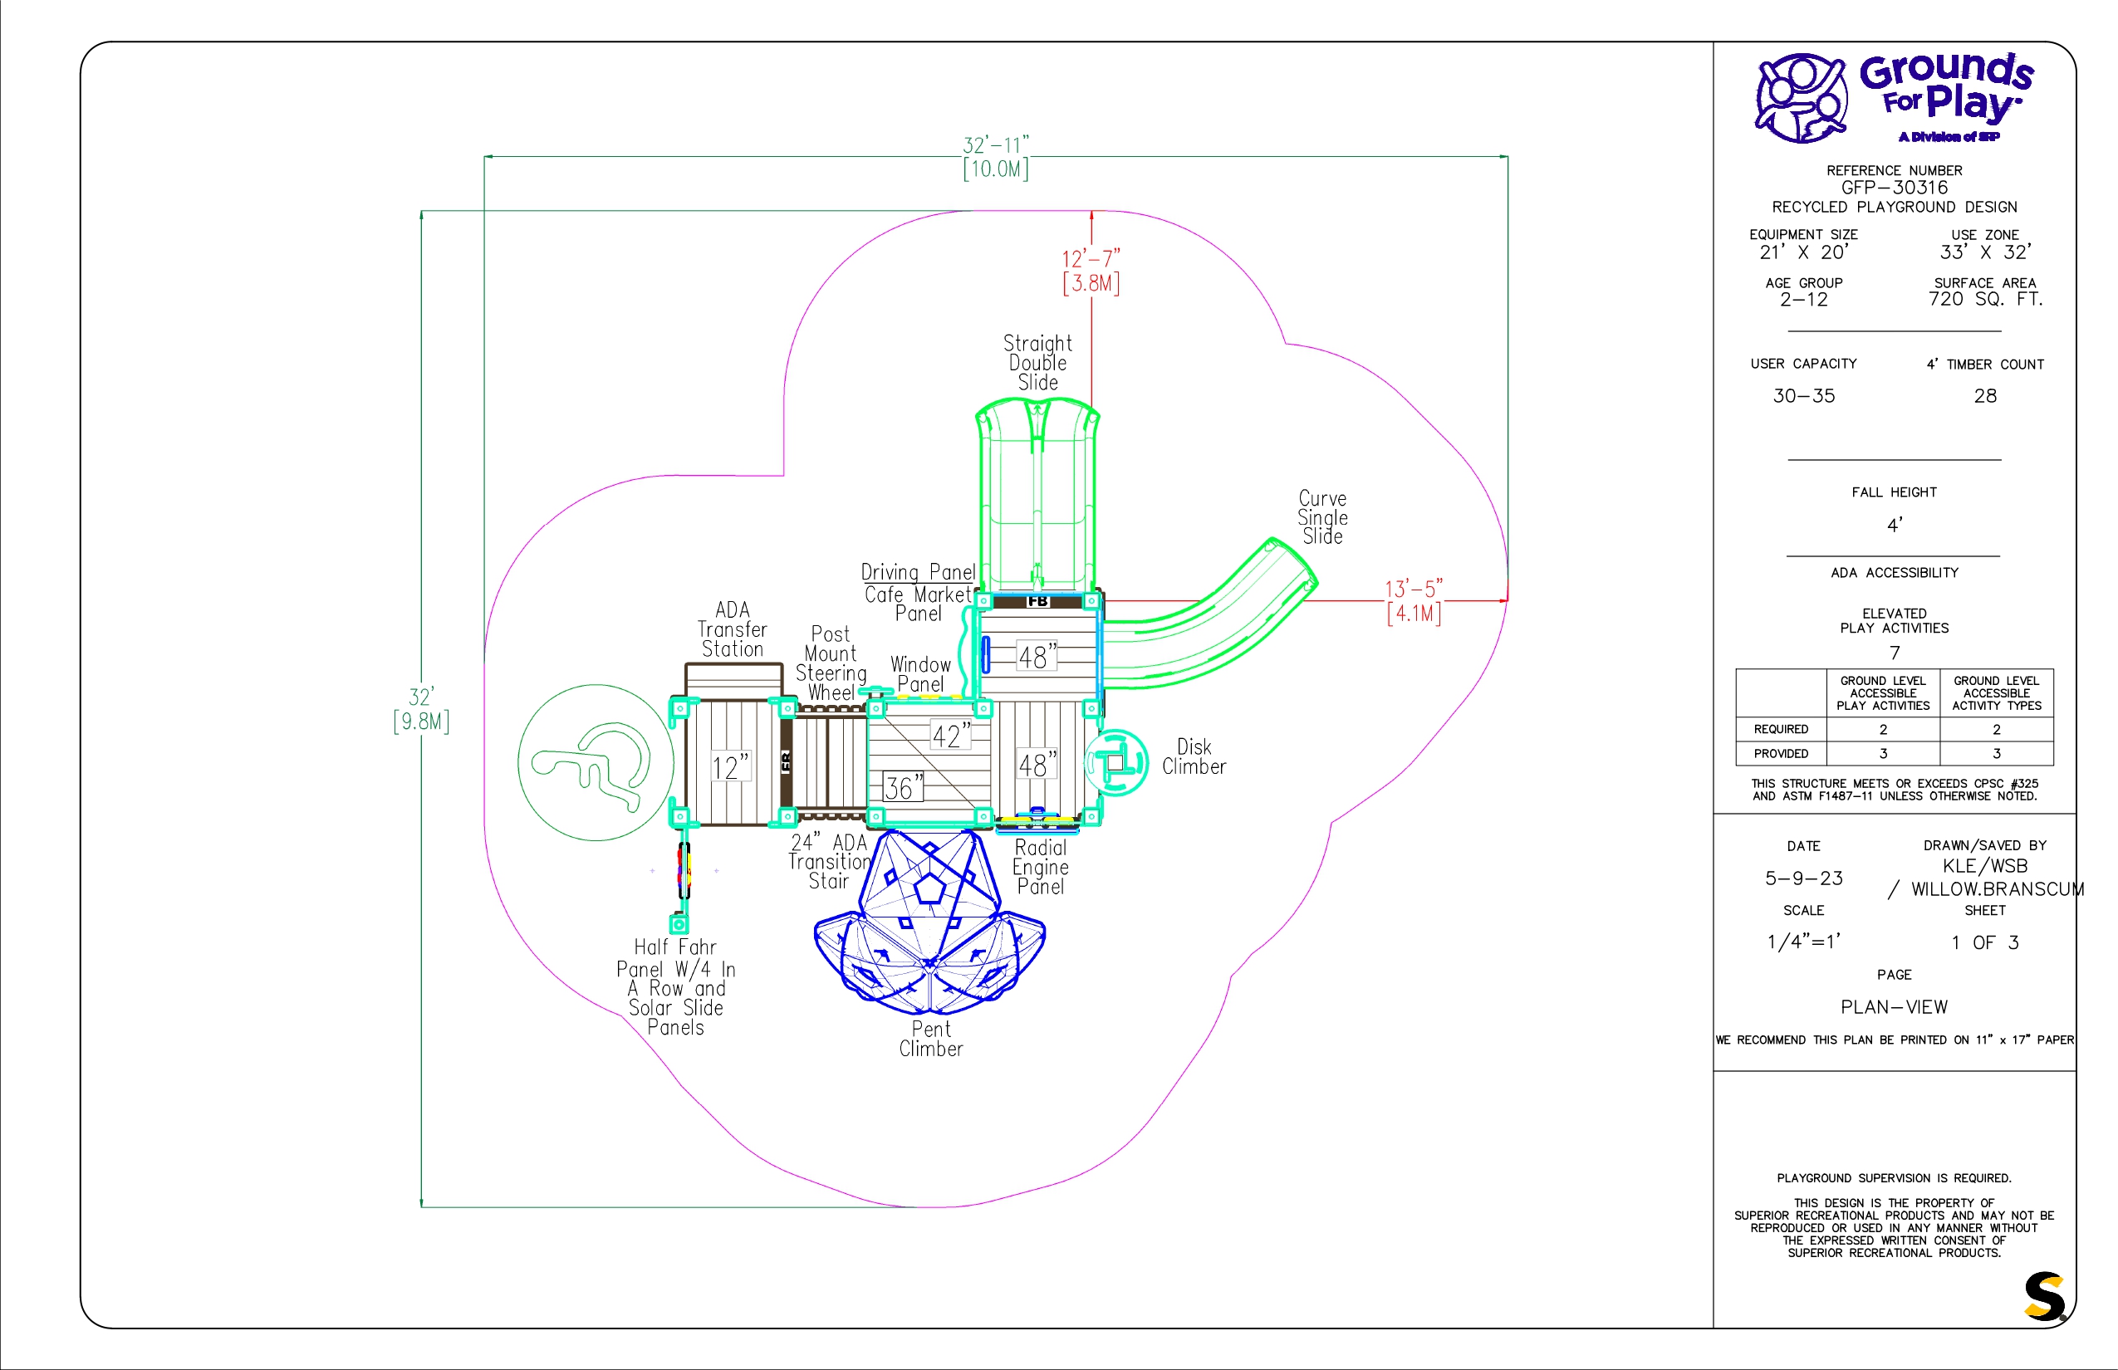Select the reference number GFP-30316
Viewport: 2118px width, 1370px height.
[1894, 188]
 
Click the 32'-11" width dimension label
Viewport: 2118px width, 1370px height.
[995, 145]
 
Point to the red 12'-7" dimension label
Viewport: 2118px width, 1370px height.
[1091, 259]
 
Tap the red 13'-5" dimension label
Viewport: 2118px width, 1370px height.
[1413, 589]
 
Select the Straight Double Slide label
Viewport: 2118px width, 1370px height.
[1037, 363]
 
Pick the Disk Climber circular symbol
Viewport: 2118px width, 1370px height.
[1117, 762]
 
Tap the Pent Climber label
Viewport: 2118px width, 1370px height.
[931, 1039]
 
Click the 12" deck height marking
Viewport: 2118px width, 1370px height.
[730, 767]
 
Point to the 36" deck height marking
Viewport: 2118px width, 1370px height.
[902, 787]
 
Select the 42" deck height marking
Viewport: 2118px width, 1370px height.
[950, 736]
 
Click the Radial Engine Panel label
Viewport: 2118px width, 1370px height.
[1040, 868]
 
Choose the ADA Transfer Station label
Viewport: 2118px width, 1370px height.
[733, 630]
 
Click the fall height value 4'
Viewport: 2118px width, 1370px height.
[1895, 525]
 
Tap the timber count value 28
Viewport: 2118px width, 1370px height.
[1985, 396]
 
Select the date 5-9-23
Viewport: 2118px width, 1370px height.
[1804, 878]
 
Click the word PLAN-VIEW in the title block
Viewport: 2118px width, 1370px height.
[1894, 1007]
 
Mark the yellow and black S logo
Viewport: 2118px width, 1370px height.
[2044, 1296]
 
